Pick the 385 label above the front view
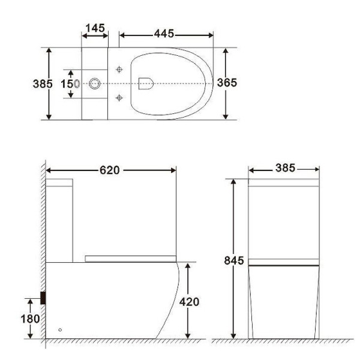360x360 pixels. tap(284, 169)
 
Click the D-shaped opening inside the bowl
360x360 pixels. tap(145, 83)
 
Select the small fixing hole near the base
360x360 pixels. tap(59, 329)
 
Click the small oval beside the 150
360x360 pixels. tap(77, 83)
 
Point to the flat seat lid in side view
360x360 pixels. tap(131, 257)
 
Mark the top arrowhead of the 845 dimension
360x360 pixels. tap(233, 182)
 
